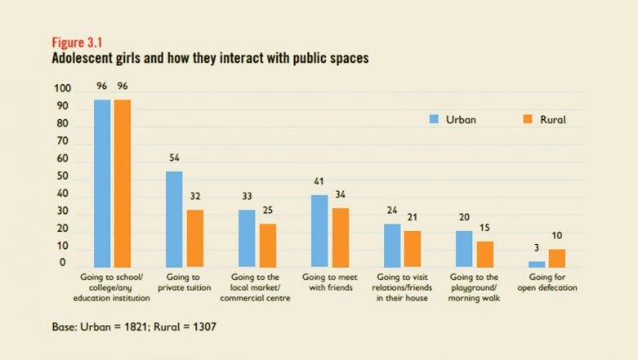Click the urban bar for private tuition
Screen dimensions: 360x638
174,219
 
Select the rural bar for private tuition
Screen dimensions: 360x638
194,238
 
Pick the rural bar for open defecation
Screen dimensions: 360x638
556,258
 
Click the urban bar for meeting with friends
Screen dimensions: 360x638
319,230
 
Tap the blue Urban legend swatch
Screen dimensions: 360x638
435,119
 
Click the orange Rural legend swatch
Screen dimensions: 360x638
527,119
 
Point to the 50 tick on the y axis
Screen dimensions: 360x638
64,178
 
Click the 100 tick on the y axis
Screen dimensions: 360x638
63,89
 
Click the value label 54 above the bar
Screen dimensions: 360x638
174,158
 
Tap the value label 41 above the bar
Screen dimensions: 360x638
319,181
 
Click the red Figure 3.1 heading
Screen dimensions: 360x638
74,42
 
